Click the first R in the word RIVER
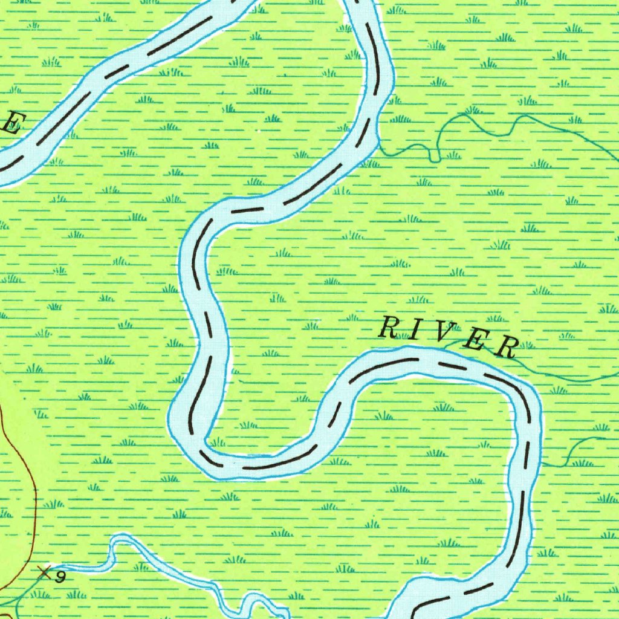(x=387, y=328)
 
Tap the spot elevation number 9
(x=59, y=577)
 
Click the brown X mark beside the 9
(x=43, y=571)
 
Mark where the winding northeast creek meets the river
(x=379, y=145)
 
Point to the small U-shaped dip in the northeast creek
(x=435, y=157)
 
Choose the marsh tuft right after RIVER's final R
(x=527, y=345)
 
